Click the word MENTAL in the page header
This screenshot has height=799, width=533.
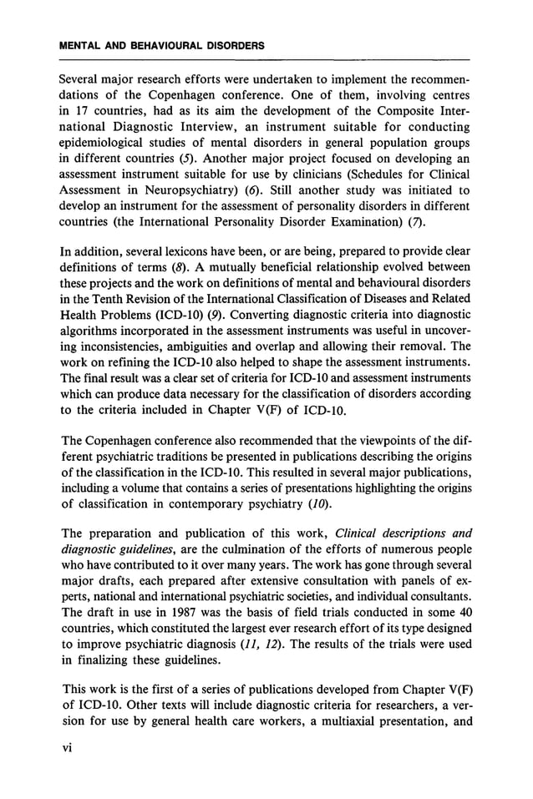(x=82, y=46)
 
